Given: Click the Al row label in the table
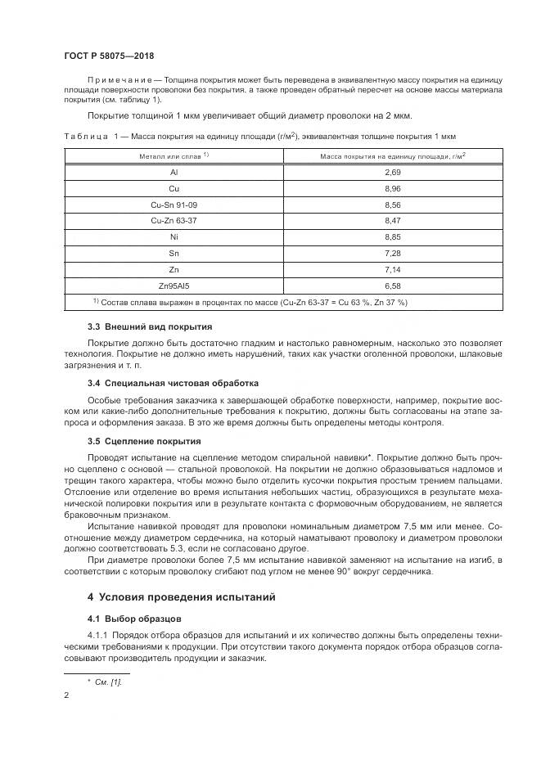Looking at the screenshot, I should pyautogui.click(x=174, y=173).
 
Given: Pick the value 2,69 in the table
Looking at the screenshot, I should pyautogui.click(x=392, y=173).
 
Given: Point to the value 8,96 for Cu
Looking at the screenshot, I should pyautogui.click(x=392, y=188).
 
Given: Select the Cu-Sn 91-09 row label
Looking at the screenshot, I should pyautogui.click(x=174, y=205).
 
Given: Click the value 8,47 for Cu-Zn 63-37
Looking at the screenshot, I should pyautogui.click(x=392, y=221).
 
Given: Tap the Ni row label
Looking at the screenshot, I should pyautogui.click(x=174, y=237).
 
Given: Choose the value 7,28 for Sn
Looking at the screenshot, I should pyautogui.click(x=392, y=254).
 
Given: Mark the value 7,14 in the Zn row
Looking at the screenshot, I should pyautogui.click(x=392, y=269).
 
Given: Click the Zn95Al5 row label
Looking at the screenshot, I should pyautogui.click(x=174, y=286).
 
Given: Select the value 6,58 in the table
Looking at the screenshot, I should pyautogui.click(x=392, y=286).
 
